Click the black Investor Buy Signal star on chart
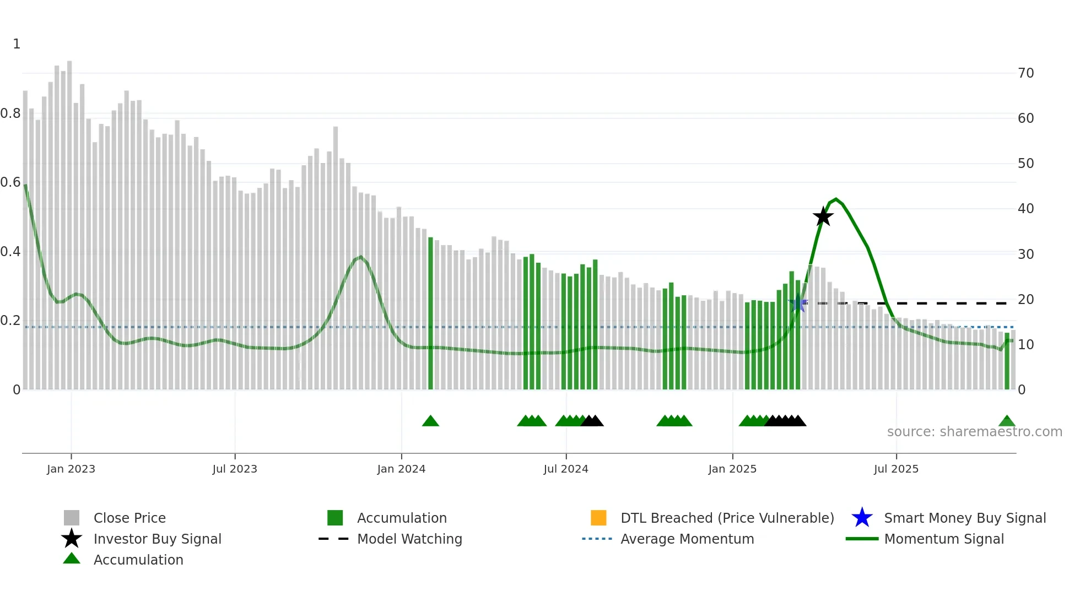tap(823, 216)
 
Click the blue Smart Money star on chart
tap(797, 303)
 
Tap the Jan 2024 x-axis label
tap(401, 469)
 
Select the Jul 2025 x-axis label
tap(896, 469)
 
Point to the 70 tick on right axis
tap(1025, 73)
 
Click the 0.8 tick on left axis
tap(10, 113)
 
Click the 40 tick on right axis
tap(1025, 209)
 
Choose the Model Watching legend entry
tap(409, 539)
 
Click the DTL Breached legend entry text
tap(727, 518)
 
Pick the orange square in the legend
tap(598, 518)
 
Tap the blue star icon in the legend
tap(862, 518)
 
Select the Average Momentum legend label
tap(687, 539)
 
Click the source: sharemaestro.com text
tap(974, 432)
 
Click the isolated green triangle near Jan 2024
tap(430, 421)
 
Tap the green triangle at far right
tap(1007, 421)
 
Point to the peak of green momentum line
tap(836, 199)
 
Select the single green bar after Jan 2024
tap(430, 314)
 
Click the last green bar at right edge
tap(1007, 361)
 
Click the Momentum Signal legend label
tap(944, 539)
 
